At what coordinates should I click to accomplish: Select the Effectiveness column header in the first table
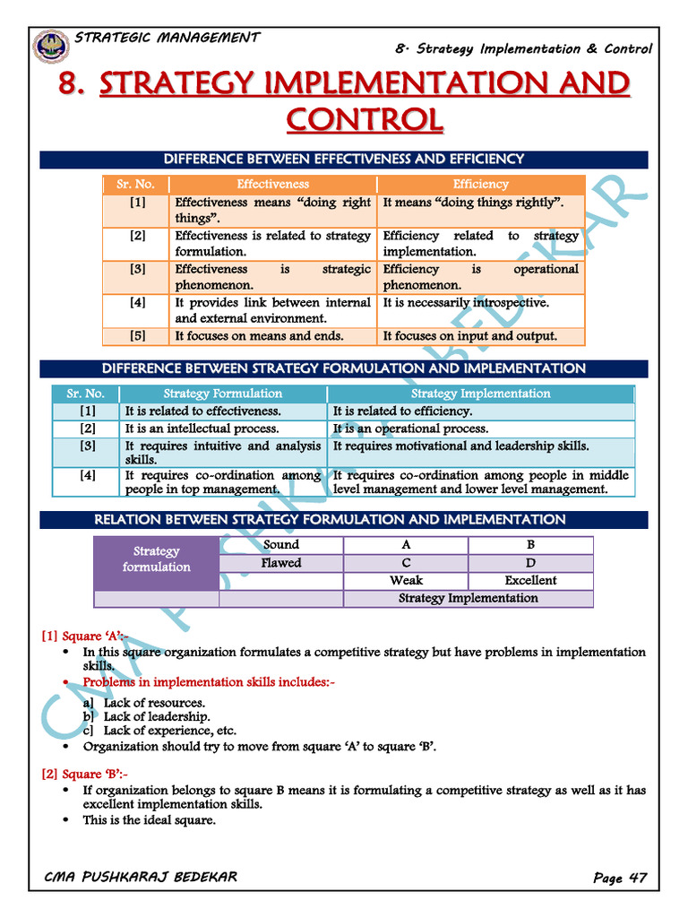[272, 184]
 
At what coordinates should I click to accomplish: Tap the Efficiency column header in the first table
[480, 184]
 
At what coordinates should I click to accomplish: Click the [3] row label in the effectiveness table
[137, 269]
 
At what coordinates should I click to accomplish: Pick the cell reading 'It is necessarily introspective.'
[466, 303]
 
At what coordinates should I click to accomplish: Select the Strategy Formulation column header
[222, 394]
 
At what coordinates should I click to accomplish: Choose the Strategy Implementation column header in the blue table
[480, 394]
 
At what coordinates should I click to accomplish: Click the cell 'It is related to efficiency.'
[402, 411]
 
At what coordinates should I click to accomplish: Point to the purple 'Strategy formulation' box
[157, 559]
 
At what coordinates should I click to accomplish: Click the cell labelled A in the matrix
[406, 545]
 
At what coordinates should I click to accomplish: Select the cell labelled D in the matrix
[530, 563]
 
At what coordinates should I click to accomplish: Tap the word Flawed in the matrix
[281, 563]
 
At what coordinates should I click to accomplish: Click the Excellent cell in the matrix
[530, 580]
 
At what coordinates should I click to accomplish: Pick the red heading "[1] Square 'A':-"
[85, 637]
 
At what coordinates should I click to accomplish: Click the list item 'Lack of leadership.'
[157, 716]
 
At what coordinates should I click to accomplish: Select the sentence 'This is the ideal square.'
[150, 819]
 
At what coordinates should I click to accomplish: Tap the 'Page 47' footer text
[619, 878]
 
